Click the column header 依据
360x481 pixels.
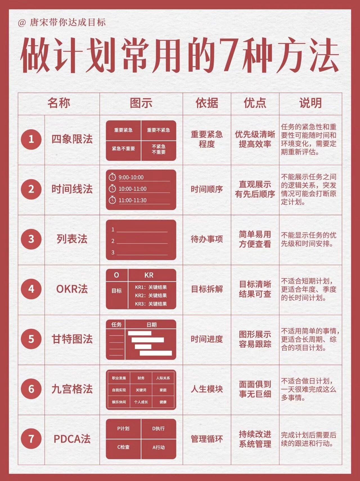tap(207, 103)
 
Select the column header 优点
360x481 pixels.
tap(255, 103)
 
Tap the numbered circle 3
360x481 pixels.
tap(31, 239)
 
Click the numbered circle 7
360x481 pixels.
tap(31, 439)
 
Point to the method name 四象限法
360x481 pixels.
tap(72, 139)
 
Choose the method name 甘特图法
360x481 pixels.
tap(72, 339)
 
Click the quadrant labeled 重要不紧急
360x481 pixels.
tap(159, 130)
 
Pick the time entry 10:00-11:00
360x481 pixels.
tap(132, 189)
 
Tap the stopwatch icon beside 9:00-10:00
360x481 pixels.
tap(112, 177)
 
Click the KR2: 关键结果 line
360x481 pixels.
tap(151, 295)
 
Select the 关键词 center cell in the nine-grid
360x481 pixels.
tap(141, 390)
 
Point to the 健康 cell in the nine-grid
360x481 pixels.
tap(163, 402)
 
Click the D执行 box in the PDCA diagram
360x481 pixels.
tap(159, 429)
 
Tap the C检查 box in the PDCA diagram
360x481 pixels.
tap(123, 447)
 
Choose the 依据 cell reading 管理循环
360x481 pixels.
tap(207, 439)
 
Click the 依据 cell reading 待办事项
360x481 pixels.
tap(207, 239)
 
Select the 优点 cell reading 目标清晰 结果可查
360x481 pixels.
tap(255, 289)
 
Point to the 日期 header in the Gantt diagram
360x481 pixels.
tap(151, 325)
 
